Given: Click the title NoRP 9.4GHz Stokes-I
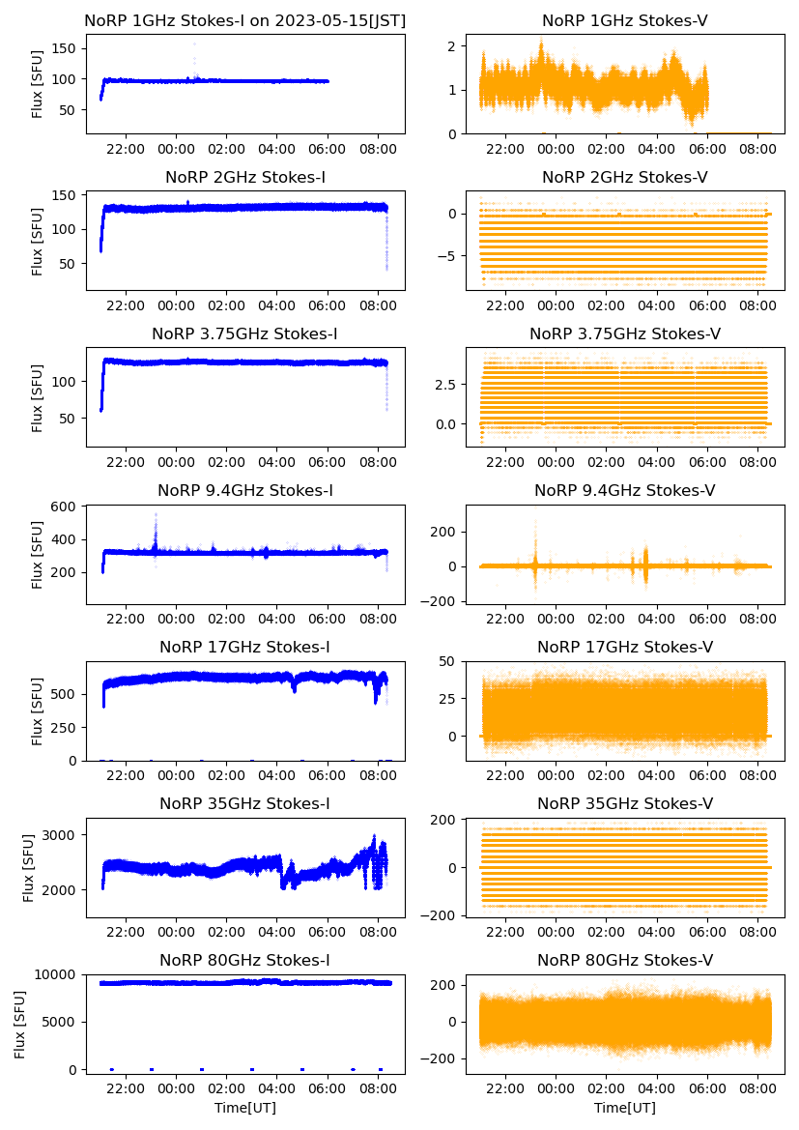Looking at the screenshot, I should point(245,491).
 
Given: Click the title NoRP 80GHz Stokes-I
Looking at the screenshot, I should point(245,960).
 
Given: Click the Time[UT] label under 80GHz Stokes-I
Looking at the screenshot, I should point(245,1108).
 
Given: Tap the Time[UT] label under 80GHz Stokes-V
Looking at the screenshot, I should point(625,1108).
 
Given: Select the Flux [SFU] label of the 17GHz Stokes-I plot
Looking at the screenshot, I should point(38,711).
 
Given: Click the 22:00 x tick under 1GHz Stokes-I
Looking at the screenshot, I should point(126,150).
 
